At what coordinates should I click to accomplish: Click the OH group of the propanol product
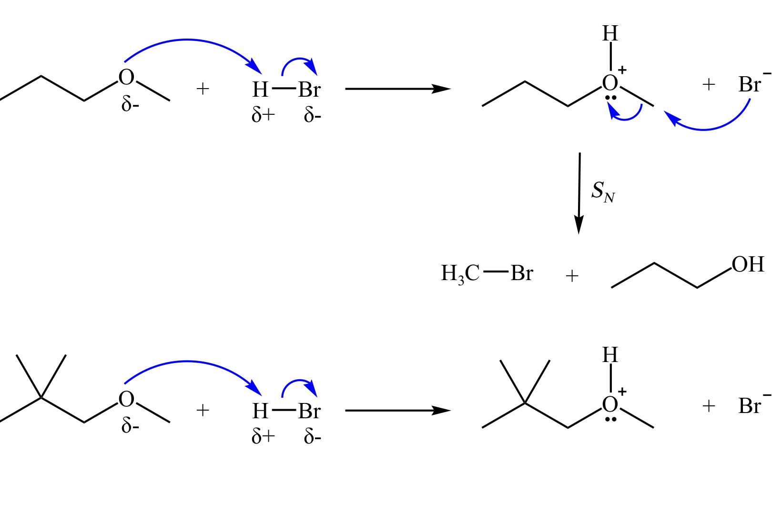[x=748, y=265]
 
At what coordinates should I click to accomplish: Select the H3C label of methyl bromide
[x=460, y=274]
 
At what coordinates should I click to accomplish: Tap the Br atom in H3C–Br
[x=521, y=273]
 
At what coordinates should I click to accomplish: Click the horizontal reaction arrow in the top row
[x=397, y=89]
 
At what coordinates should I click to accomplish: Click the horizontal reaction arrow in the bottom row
[x=397, y=410]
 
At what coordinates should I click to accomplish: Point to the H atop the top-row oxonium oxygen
[x=610, y=34]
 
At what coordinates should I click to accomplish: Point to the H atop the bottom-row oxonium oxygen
[x=610, y=355]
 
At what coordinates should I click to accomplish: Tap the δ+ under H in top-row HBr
[x=263, y=115]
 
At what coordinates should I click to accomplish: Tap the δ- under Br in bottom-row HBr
[x=313, y=437]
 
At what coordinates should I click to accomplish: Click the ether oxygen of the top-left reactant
[x=126, y=78]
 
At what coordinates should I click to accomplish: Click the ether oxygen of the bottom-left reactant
[x=126, y=399]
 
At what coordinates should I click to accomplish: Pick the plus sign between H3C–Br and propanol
[x=571, y=276]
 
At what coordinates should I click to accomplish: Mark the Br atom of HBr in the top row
[x=310, y=90]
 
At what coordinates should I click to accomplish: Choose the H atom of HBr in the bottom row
[x=260, y=411]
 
